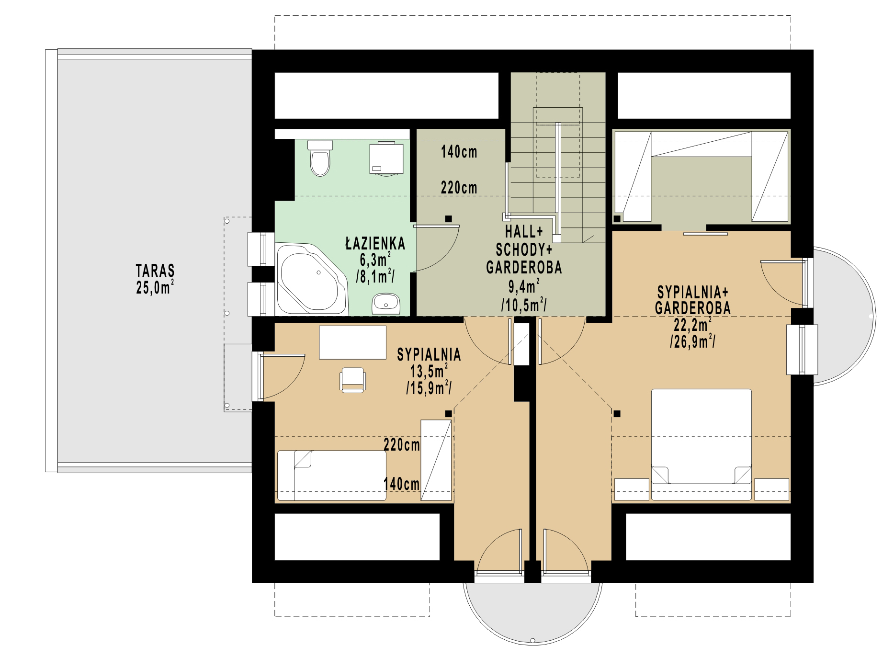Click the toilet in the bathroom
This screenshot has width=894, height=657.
[x=320, y=158]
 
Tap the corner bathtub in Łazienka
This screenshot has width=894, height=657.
[x=310, y=279]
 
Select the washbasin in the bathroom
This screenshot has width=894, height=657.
[x=386, y=304]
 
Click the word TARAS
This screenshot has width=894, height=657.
[x=155, y=271]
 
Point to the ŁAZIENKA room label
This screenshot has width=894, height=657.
[x=375, y=244]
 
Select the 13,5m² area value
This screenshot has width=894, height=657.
[x=429, y=371]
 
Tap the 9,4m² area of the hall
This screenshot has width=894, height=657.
[x=524, y=286]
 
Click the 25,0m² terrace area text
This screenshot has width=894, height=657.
[x=155, y=287]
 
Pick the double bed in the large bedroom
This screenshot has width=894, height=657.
[x=701, y=444]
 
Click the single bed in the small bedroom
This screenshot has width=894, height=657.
[x=332, y=476]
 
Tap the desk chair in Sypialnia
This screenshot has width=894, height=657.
[x=353, y=380]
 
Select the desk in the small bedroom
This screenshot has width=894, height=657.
[x=353, y=342]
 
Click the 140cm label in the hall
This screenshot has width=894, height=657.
[x=459, y=152]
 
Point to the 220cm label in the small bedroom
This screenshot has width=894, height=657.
[x=401, y=445]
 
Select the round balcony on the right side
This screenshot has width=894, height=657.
[x=845, y=316]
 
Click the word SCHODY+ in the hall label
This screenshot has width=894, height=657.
[x=524, y=249]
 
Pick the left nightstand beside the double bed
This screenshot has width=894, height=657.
[x=632, y=489]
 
